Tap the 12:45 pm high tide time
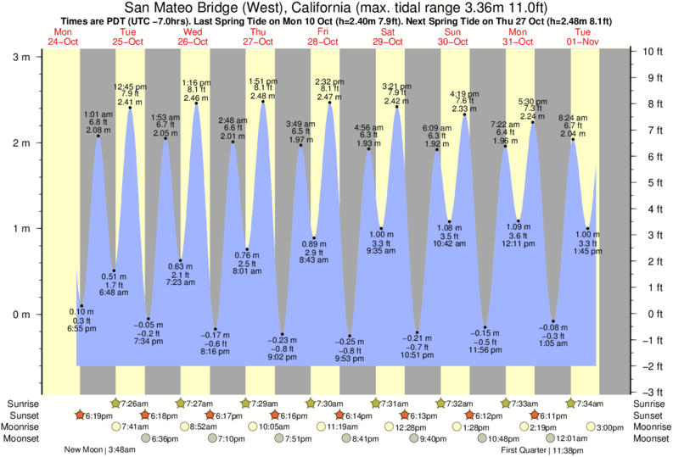pos(130,86)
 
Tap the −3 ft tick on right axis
pos(650,393)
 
